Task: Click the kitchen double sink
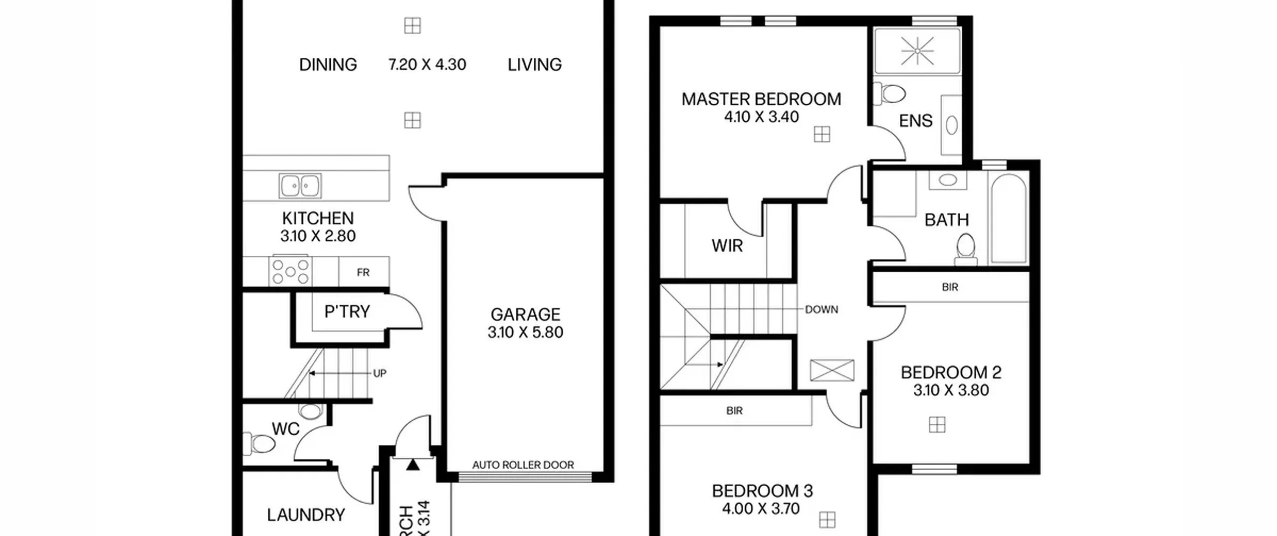[300, 186]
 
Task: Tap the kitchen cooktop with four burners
[290, 272]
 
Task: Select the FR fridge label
[363, 272]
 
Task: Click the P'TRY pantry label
[347, 312]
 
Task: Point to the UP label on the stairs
[380, 373]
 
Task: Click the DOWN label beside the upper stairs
[821, 310]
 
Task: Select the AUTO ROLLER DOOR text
[523, 465]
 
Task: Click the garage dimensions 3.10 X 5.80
[525, 332]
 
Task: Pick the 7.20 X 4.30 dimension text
[427, 64]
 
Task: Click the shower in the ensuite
[917, 51]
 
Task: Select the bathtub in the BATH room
[1009, 218]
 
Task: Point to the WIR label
[727, 246]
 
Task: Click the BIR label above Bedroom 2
[950, 287]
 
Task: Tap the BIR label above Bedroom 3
[734, 410]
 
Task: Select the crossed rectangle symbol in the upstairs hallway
[832, 370]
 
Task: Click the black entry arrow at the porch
[413, 465]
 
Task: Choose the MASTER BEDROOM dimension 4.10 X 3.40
[761, 117]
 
